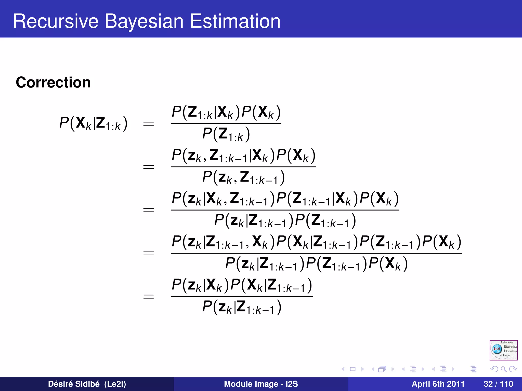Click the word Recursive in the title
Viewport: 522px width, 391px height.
56,21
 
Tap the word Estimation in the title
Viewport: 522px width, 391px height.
235,21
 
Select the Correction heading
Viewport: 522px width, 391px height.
53,82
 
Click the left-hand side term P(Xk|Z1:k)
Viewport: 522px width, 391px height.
93,123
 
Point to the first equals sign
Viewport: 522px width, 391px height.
149,124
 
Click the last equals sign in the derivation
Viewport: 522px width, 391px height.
149,297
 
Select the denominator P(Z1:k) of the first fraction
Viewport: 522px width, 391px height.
226,134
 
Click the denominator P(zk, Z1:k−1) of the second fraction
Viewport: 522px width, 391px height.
243,177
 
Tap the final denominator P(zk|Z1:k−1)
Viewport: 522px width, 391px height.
242,307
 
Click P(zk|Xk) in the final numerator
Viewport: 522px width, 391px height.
200,285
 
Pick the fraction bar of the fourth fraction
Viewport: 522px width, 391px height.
316,253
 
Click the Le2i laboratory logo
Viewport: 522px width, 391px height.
503,350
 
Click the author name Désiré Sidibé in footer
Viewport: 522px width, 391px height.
74,384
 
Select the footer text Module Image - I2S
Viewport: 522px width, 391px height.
261,384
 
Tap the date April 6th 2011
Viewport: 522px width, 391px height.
438,384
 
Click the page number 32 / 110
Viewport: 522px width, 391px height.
498,384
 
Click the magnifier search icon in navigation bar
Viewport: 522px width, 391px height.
503,369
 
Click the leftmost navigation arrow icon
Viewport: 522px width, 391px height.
343,369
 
